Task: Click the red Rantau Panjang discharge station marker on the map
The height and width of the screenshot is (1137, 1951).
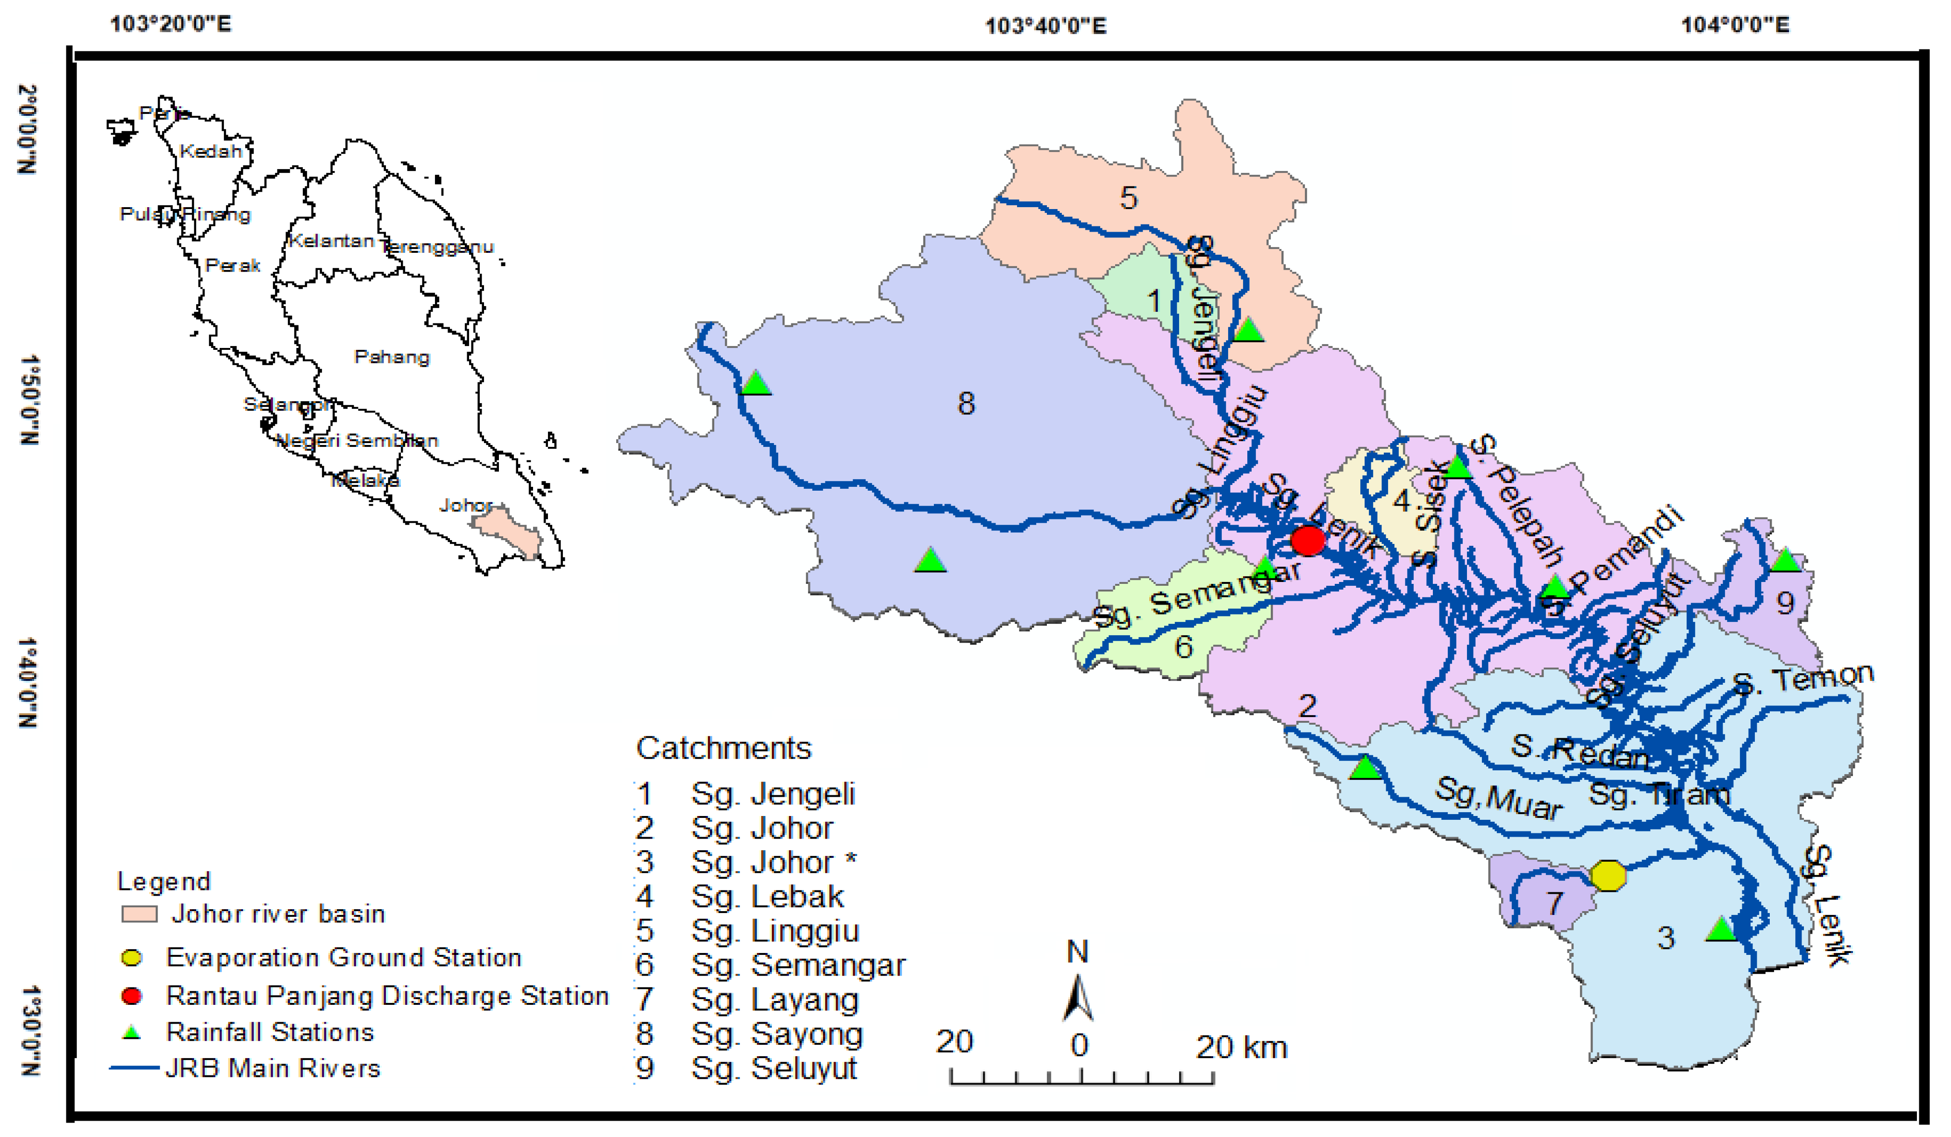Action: (1307, 540)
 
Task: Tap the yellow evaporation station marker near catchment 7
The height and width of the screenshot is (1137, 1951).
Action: (1608, 876)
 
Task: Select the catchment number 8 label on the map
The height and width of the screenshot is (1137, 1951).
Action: (966, 403)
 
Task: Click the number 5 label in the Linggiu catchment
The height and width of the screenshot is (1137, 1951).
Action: (1129, 198)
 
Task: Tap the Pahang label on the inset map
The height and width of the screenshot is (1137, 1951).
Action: (392, 357)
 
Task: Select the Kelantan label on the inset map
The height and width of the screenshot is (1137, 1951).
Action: (331, 241)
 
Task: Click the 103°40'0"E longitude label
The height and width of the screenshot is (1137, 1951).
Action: (1045, 25)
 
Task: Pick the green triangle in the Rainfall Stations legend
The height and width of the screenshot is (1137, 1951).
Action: (132, 1032)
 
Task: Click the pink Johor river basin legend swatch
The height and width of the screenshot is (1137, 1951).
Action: (139, 914)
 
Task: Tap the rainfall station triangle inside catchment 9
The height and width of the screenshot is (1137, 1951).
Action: (1785, 559)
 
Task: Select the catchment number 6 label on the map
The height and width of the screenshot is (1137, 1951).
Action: (1183, 646)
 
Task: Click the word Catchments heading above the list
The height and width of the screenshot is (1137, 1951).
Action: (723, 748)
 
